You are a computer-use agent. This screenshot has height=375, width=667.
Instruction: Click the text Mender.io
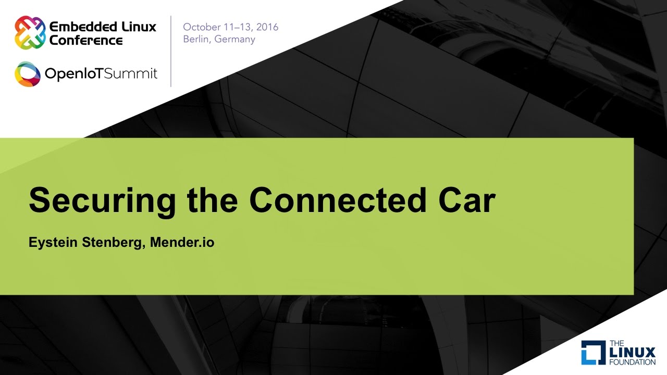pyautogui.click(x=182, y=243)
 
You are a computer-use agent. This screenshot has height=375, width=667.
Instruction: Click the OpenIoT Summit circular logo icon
pyautogui.click(x=27, y=74)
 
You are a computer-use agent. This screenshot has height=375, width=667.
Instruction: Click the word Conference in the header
pyautogui.click(x=86, y=40)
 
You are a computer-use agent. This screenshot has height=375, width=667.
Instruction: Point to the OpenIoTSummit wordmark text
pyautogui.click(x=101, y=74)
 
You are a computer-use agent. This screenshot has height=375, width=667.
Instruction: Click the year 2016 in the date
pyautogui.click(x=265, y=27)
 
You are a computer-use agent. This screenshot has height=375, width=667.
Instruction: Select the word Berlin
pyautogui.click(x=196, y=40)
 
